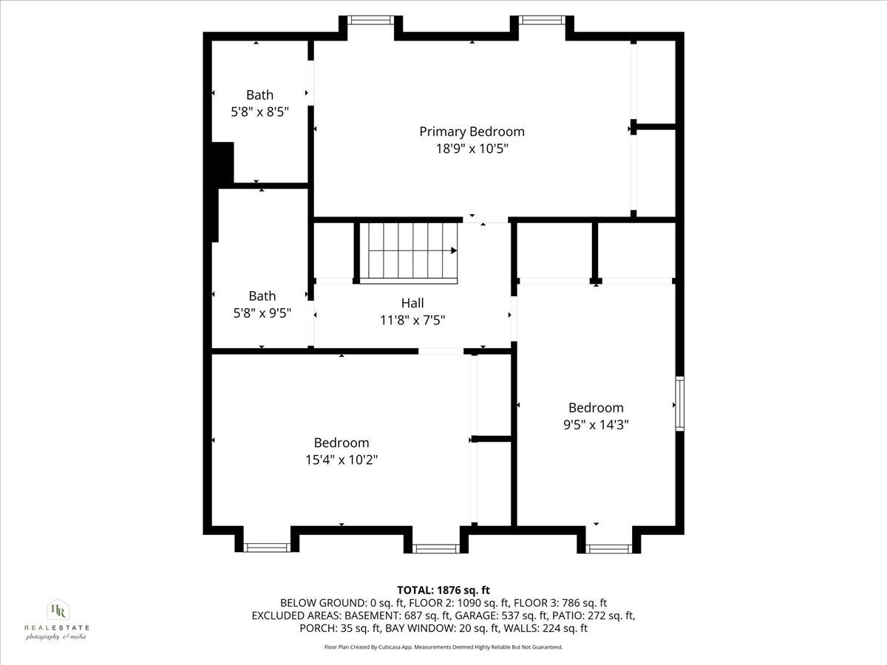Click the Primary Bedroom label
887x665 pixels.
coord(472,132)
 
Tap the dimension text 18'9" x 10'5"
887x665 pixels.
coord(472,149)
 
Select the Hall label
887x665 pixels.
coord(412,303)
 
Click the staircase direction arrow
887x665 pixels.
coord(453,250)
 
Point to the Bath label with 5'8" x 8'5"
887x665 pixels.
coord(259,95)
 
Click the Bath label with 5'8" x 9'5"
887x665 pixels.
coord(262,296)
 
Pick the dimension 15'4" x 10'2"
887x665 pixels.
coord(341,460)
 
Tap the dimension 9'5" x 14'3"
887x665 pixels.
coord(596,424)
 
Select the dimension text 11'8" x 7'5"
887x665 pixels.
coord(412,320)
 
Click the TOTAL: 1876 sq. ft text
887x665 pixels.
coord(443,590)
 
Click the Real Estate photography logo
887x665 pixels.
coord(57,619)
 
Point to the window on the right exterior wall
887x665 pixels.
coord(679,403)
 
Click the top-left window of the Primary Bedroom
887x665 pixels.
coord(371,20)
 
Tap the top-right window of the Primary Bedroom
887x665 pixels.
coord(543,20)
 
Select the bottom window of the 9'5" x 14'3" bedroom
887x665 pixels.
coord(609,548)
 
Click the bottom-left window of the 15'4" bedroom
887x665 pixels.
coord(267,548)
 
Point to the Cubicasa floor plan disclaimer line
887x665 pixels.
coord(443,647)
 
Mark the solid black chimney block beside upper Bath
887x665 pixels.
coord(222,163)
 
